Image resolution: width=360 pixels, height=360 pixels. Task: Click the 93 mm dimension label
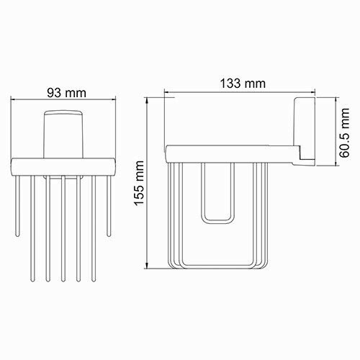pos(63,93)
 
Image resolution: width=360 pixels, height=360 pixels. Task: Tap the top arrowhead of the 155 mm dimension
pos(149,99)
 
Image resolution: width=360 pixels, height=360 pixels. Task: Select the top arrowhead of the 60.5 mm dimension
pos(336,99)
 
